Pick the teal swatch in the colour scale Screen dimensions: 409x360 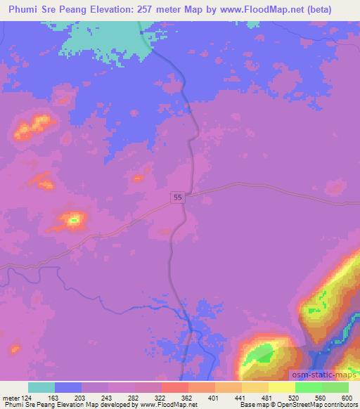[x=41, y=387]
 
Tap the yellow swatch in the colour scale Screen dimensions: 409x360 [x=281, y=387]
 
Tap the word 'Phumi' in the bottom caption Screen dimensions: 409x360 [x=12, y=405]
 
